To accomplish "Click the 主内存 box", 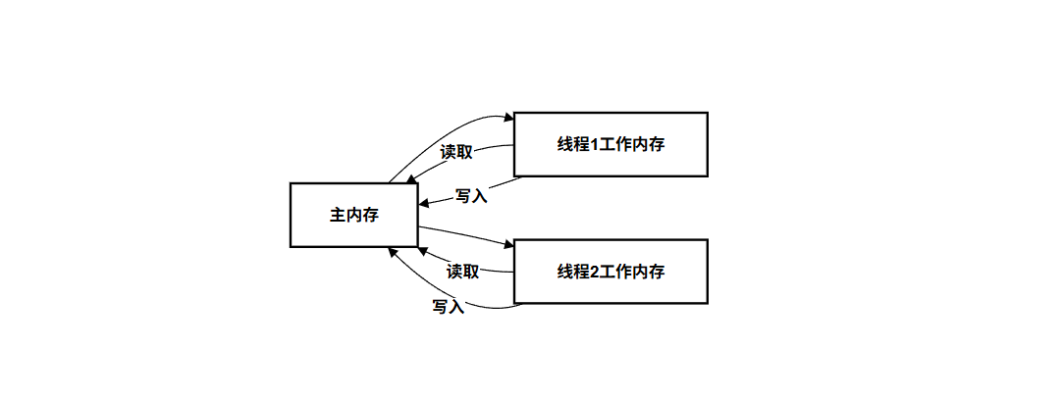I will pyautogui.click(x=353, y=215).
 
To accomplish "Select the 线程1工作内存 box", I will pyautogui.click(x=611, y=144).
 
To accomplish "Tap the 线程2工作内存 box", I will pyautogui.click(x=611, y=272).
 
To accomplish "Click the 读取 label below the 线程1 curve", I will pyautogui.click(x=456, y=152).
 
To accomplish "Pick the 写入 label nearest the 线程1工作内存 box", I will pyautogui.click(x=472, y=196).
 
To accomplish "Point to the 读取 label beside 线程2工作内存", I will pyautogui.click(x=463, y=272).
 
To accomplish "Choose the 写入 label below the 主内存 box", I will pyautogui.click(x=449, y=306).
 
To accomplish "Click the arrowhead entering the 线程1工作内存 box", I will pyautogui.click(x=508, y=118).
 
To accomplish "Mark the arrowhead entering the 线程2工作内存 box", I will pyautogui.click(x=508, y=243).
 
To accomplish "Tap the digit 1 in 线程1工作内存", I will pyautogui.click(x=591, y=144).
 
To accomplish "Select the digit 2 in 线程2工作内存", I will pyautogui.click(x=591, y=272).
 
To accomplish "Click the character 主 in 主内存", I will pyautogui.click(x=337, y=215).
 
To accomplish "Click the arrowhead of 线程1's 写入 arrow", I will pyautogui.click(x=424, y=204).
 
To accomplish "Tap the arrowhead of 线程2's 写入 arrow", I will pyautogui.click(x=392, y=251).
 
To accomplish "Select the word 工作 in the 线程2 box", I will pyautogui.click(x=612, y=272).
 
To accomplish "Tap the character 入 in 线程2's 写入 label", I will pyautogui.click(x=457, y=306).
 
